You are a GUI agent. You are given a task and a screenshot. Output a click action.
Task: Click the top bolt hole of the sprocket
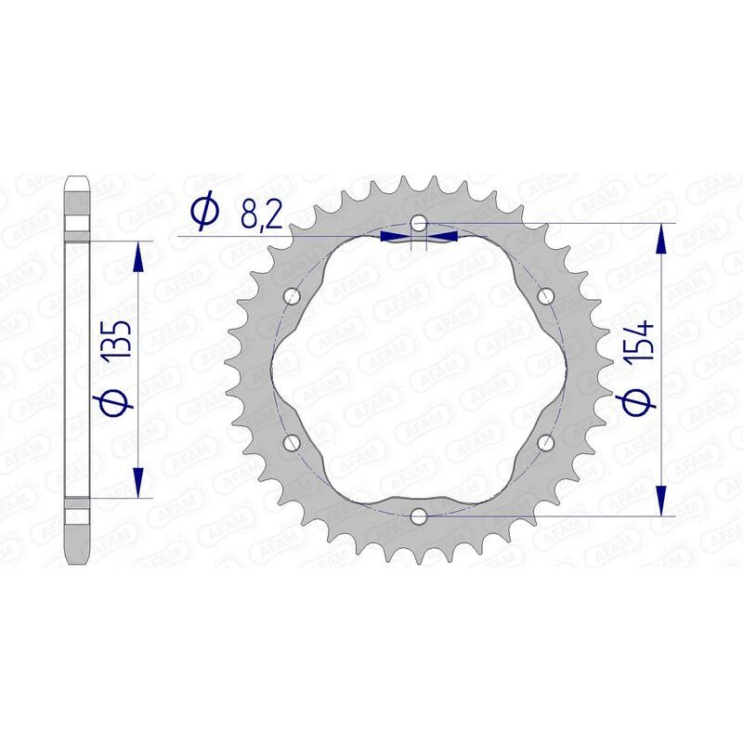tap(419, 223)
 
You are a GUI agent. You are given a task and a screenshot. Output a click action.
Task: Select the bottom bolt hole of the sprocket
tap(419, 515)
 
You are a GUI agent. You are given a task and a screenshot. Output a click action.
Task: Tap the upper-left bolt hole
tap(293, 296)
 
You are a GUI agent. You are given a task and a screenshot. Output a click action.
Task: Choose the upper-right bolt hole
tap(545, 296)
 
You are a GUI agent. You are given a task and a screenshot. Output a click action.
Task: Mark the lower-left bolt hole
tap(293, 441)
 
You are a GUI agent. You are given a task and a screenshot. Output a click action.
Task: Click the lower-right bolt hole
tap(545, 441)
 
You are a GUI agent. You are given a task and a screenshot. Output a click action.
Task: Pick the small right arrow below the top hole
tap(443, 238)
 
